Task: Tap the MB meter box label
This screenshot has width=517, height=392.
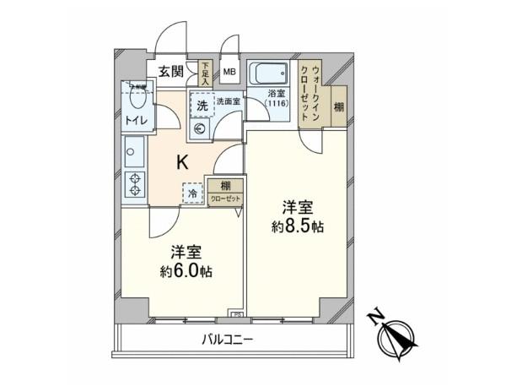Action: (229, 72)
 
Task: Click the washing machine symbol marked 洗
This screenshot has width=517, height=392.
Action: (202, 106)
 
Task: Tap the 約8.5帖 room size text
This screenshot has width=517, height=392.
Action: (299, 226)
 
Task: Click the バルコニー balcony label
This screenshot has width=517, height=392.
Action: (227, 340)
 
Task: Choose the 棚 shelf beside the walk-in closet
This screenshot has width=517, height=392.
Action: (338, 106)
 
